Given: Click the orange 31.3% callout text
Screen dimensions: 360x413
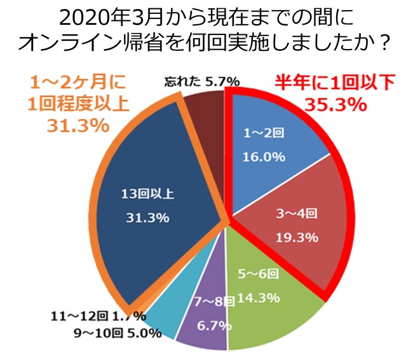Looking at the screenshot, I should pos(77,125).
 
